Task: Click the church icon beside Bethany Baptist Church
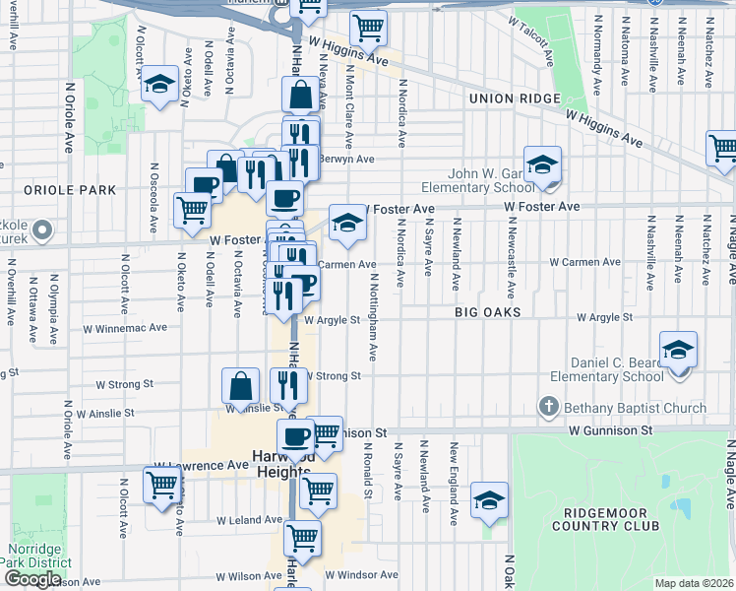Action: (548, 407)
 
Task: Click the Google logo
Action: (32, 579)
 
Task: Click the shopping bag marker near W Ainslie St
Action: (241, 388)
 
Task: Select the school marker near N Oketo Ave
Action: (157, 86)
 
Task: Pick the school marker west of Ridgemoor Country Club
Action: (489, 501)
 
